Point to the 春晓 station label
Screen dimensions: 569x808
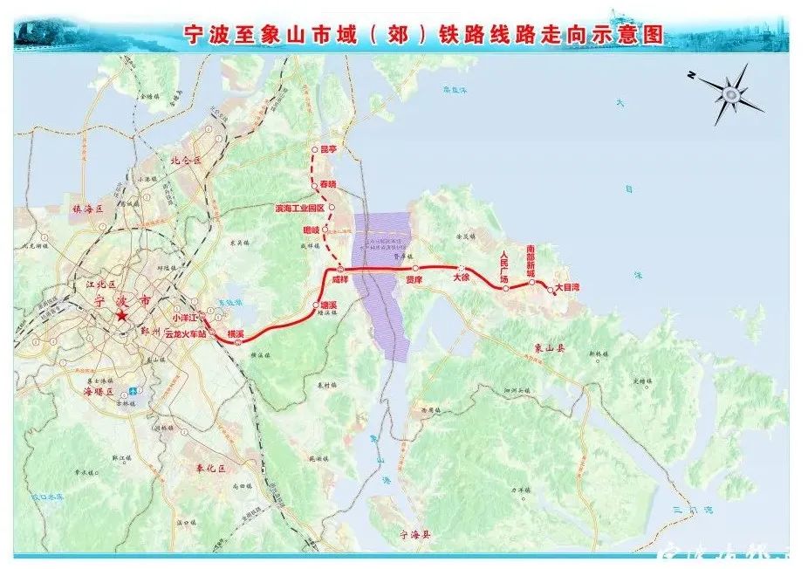tap(327, 185)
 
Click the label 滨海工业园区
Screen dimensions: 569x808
tap(299, 209)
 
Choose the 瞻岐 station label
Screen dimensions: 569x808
tap(312, 230)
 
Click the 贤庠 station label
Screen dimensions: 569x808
tap(414, 280)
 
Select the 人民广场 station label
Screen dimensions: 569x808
tap(503, 263)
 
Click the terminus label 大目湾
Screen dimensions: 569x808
tap(567, 285)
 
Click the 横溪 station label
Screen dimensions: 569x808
tap(236, 334)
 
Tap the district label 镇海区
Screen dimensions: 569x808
tap(88, 209)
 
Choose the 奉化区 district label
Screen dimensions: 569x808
tap(210, 469)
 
